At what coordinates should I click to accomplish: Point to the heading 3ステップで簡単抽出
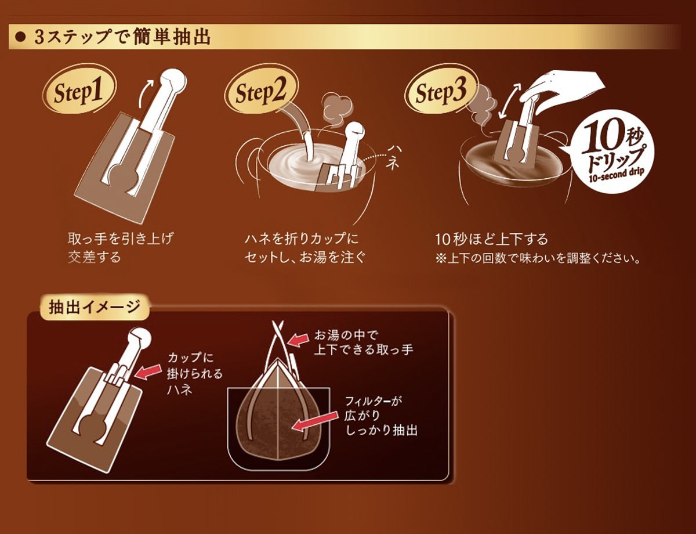[122, 37]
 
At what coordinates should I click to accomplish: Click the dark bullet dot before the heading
[20, 38]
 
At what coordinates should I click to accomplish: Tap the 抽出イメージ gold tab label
[95, 308]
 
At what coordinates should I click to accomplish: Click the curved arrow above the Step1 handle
[145, 93]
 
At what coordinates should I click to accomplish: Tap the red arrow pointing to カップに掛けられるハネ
[148, 371]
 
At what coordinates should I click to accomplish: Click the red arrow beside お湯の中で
[298, 340]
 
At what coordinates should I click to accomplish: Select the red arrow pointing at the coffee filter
[315, 421]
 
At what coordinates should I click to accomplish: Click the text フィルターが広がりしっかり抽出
[381, 416]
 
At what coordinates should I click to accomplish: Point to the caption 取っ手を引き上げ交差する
[121, 248]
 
